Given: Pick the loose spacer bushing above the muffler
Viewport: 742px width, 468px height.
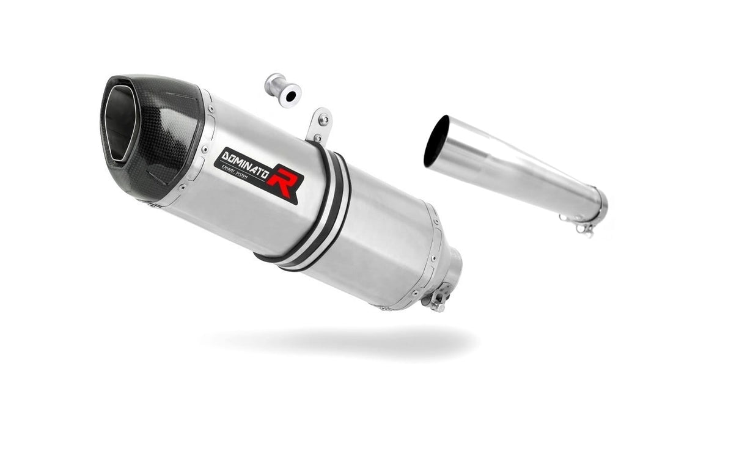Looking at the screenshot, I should click(283, 90).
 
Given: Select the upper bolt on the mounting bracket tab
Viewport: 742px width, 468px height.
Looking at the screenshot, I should click(323, 120).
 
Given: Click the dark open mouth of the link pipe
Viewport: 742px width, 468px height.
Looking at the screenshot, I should click(436, 141).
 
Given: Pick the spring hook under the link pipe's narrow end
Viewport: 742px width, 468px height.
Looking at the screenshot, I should click(585, 229).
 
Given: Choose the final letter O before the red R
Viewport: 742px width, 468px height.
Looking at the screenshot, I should click(265, 170).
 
